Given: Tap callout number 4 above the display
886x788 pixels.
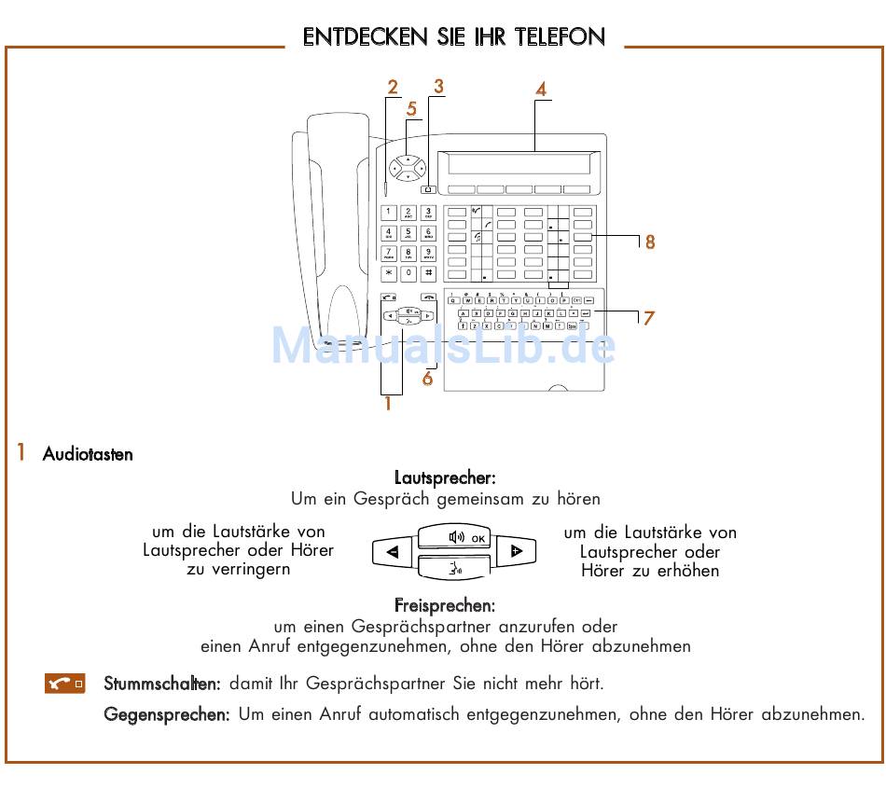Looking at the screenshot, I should click(x=540, y=90).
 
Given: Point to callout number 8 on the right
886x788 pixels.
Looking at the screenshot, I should click(x=650, y=242).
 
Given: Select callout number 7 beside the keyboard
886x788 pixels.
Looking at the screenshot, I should click(x=648, y=318).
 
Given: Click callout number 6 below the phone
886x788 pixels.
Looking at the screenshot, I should click(x=427, y=380).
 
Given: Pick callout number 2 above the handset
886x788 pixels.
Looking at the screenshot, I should click(x=393, y=88).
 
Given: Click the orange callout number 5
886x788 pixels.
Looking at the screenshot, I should click(x=411, y=108).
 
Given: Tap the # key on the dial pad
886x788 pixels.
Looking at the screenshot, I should click(x=428, y=273).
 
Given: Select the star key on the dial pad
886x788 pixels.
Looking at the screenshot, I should click(x=389, y=273).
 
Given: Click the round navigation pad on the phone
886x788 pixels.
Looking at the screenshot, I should click(x=408, y=168).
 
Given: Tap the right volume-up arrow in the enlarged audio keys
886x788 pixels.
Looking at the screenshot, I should click(x=517, y=552).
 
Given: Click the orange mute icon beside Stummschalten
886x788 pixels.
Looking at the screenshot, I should click(x=65, y=684).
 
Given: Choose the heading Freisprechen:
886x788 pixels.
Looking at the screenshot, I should click(x=444, y=606).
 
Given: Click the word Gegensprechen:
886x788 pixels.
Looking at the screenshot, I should click(x=166, y=715).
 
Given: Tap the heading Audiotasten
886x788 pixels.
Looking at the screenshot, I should click(x=88, y=455).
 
